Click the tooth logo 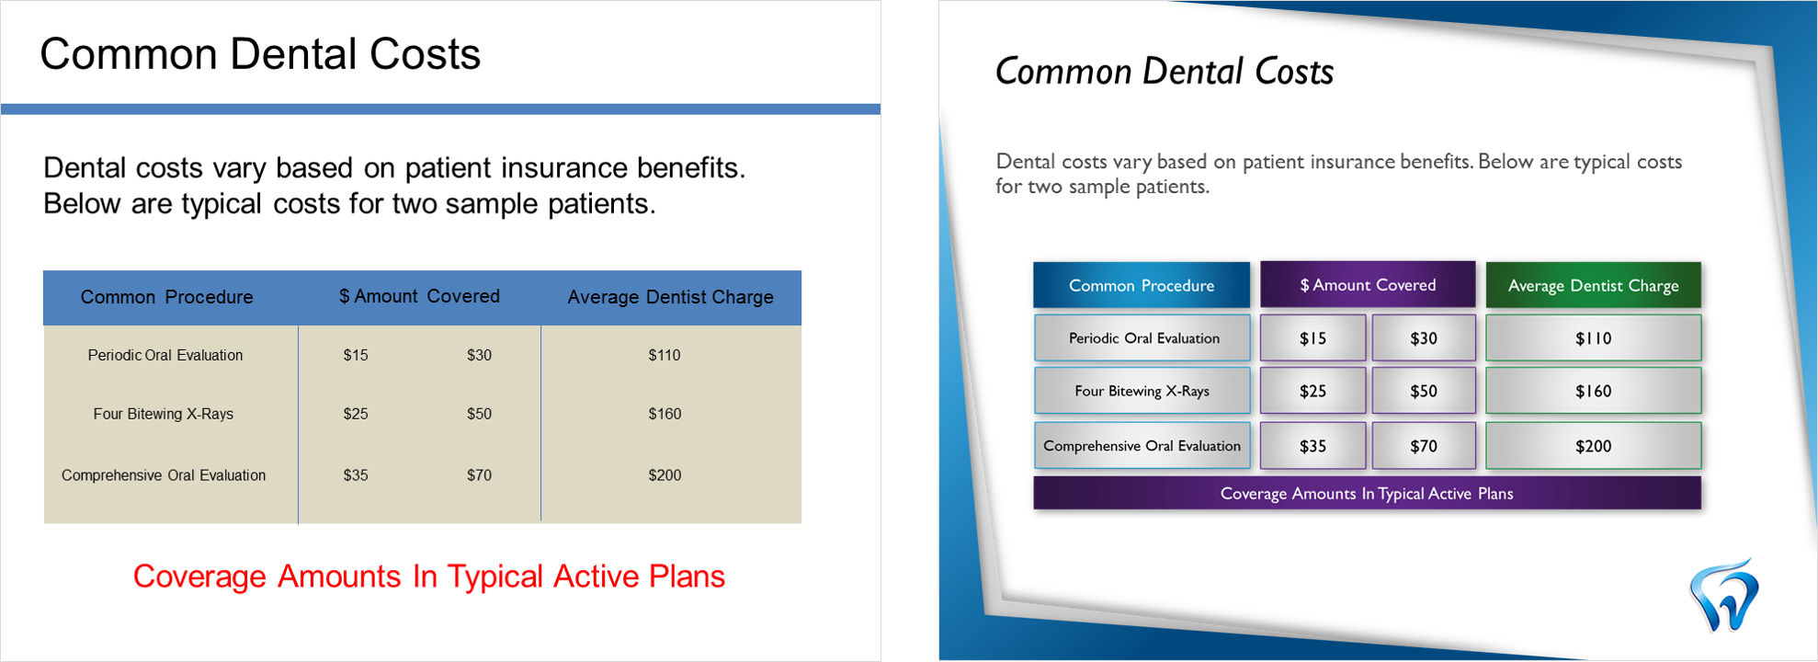(1723, 596)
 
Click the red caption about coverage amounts (429, 576)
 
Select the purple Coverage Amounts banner (1367, 494)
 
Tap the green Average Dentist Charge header (1593, 285)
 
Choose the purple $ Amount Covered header (1368, 285)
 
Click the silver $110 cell (1593, 338)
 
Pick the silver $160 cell (1593, 391)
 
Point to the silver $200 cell (1593, 446)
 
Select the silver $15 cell (1312, 338)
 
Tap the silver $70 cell (1424, 446)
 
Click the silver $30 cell (1424, 338)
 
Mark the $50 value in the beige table (479, 414)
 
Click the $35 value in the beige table (356, 475)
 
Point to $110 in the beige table (665, 355)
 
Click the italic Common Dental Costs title (1165, 72)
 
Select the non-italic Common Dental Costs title (260, 54)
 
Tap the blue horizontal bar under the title (440, 109)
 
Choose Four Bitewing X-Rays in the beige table (164, 414)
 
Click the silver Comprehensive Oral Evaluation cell (1142, 446)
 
